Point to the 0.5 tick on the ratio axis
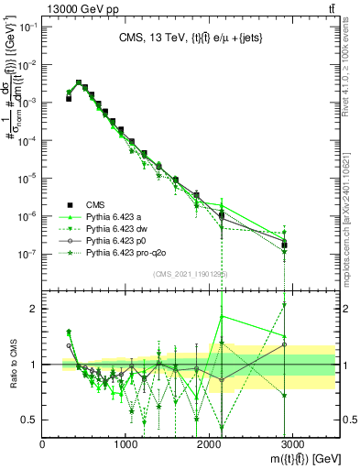29,420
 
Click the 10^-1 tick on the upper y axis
27,27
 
